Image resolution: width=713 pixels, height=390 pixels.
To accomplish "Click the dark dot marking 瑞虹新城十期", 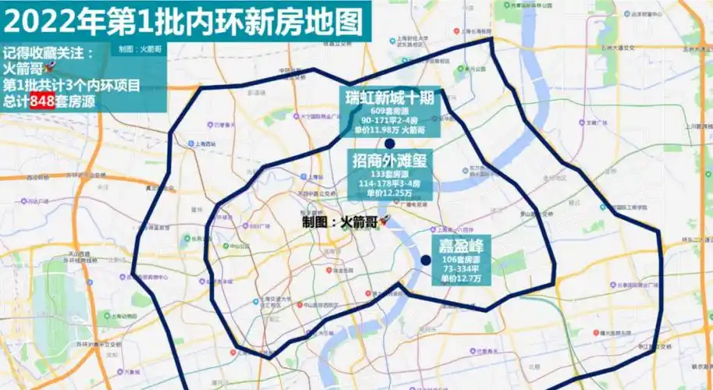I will click(389, 144).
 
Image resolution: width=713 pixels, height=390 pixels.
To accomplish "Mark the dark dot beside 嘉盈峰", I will click(426, 261).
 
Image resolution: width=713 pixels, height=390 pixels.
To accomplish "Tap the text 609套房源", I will click(393, 112).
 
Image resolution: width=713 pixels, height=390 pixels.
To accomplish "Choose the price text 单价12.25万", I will click(393, 192).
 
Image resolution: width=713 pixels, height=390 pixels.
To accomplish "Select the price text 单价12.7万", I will click(459, 278).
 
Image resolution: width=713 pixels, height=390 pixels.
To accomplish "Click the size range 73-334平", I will click(459, 268).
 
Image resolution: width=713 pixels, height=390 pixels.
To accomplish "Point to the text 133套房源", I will click(393, 174).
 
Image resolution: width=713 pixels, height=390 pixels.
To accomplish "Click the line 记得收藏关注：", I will click(48, 53).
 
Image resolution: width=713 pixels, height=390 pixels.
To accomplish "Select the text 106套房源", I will click(459, 259).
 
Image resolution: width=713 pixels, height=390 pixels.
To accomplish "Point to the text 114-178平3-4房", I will click(393, 183).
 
